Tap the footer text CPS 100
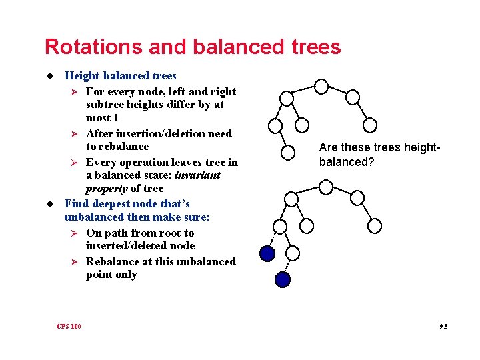click(x=69, y=326)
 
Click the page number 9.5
click(x=443, y=326)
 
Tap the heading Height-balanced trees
click(x=120, y=76)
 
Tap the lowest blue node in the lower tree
click(x=283, y=279)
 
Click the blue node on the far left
click(x=267, y=253)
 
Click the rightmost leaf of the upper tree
click(x=370, y=125)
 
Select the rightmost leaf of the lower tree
click(x=375, y=226)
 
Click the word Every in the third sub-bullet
click(x=101, y=162)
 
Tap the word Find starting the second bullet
click(x=76, y=203)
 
